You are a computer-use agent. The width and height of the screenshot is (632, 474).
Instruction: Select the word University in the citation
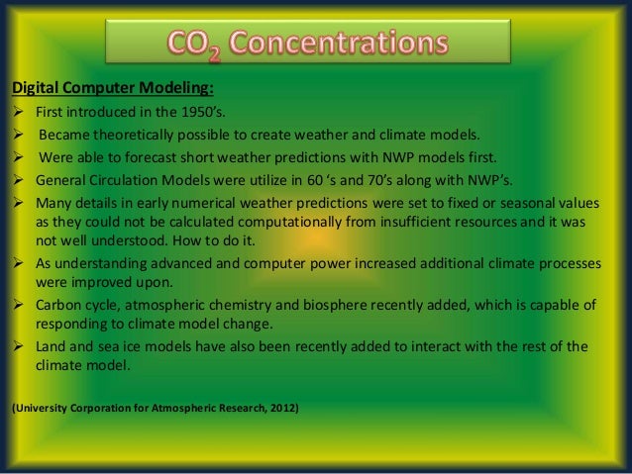41,407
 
